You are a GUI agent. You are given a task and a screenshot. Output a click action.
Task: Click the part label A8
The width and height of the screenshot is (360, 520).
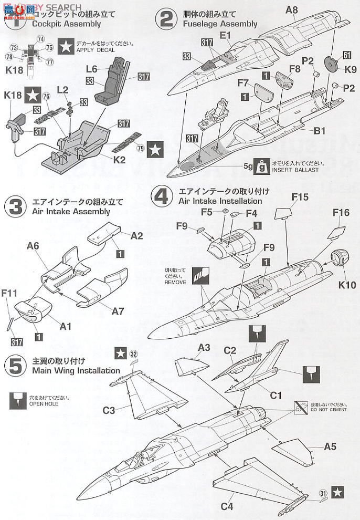click(x=292, y=9)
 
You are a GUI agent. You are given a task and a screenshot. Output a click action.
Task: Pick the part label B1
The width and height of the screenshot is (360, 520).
click(x=320, y=130)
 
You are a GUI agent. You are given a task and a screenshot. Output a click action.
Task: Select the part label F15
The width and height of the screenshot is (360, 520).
click(x=300, y=197)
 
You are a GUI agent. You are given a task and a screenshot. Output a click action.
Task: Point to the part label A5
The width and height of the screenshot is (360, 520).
click(x=330, y=447)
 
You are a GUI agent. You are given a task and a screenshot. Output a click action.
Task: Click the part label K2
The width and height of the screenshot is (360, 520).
click(x=120, y=159)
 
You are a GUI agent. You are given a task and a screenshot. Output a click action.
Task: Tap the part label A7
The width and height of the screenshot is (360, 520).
click(x=119, y=311)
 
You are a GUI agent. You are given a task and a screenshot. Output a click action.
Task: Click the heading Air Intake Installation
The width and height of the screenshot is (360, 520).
click(x=220, y=201)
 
